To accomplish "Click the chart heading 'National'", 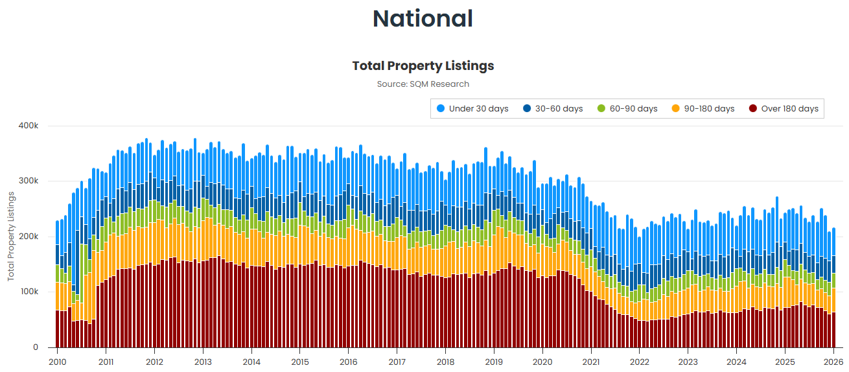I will [x=423, y=19].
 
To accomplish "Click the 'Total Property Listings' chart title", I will [x=423, y=65].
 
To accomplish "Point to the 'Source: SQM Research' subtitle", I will [x=423, y=84].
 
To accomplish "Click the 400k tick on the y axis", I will [x=29, y=126].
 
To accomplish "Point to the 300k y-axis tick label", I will [x=29, y=181].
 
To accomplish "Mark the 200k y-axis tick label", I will [x=29, y=237].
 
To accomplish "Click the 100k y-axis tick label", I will [x=29, y=292].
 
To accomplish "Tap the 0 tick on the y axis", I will [x=36, y=347].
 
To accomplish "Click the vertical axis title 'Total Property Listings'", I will [x=11, y=236].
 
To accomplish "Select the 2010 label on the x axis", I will [x=58, y=362].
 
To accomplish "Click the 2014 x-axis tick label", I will [x=251, y=362].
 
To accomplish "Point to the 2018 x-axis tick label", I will [x=445, y=362].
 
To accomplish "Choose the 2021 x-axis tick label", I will [x=591, y=362].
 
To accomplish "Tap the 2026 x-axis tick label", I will [x=833, y=362].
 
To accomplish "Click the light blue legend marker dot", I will [x=441, y=109].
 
